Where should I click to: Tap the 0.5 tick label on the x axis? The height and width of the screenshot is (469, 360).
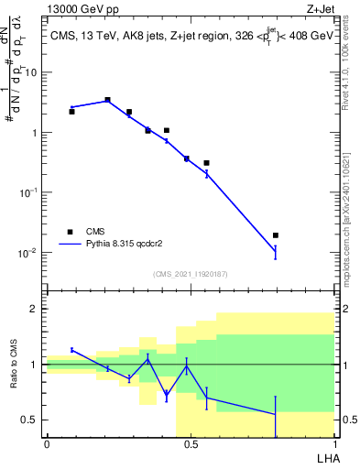click(191, 444)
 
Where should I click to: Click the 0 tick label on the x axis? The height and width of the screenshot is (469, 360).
click(47, 444)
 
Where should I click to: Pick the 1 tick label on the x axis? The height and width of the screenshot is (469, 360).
click(334, 444)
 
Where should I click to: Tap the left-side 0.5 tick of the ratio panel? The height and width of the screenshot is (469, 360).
click(30, 420)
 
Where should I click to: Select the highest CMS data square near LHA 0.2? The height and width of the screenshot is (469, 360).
click(107, 100)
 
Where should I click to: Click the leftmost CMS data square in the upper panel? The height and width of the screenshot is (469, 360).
click(71, 112)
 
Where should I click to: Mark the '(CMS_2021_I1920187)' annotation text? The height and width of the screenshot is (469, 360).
click(190, 274)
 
